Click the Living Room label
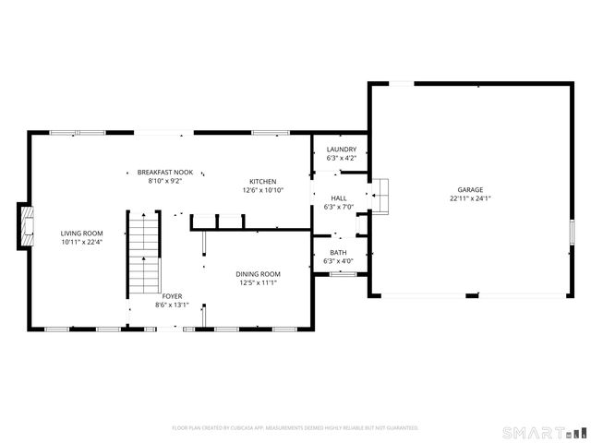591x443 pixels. click(81, 233)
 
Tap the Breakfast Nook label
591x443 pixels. click(164, 173)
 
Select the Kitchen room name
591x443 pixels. click(262, 182)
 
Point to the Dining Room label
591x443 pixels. click(258, 274)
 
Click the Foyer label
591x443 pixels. click(172, 296)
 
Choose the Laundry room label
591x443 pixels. click(341, 150)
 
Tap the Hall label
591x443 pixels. click(339, 198)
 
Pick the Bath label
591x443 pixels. click(339, 253)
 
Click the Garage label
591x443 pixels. click(466, 189)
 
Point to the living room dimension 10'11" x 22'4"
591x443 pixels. click(81, 242)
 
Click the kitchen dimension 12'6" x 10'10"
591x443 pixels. click(262, 190)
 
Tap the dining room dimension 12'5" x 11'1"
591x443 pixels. click(258, 282)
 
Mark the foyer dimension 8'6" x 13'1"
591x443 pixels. click(172, 305)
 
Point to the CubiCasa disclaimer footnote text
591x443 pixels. click(295, 427)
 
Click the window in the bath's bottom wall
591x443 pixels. click(343, 273)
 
